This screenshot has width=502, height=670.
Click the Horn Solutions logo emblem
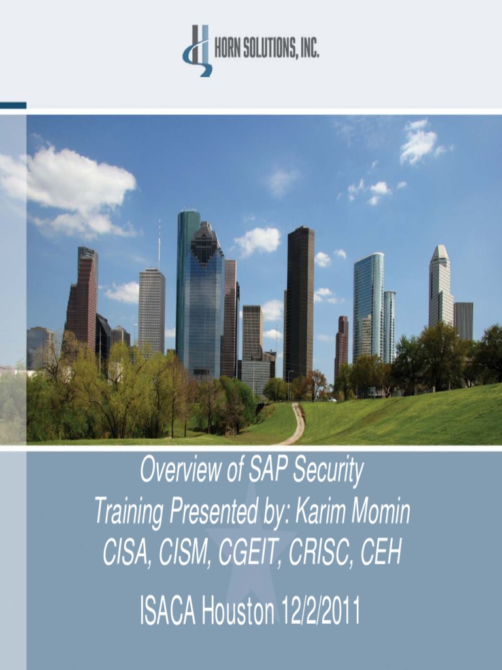[x=197, y=50]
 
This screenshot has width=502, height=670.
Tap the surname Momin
[x=380, y=511]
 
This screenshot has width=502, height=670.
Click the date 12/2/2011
[x=320, y=611]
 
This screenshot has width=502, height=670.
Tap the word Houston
[x=238, y=611]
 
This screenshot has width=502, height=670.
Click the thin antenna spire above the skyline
[x=159, y=243]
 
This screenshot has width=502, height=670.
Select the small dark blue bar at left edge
[x=13, y=105]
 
